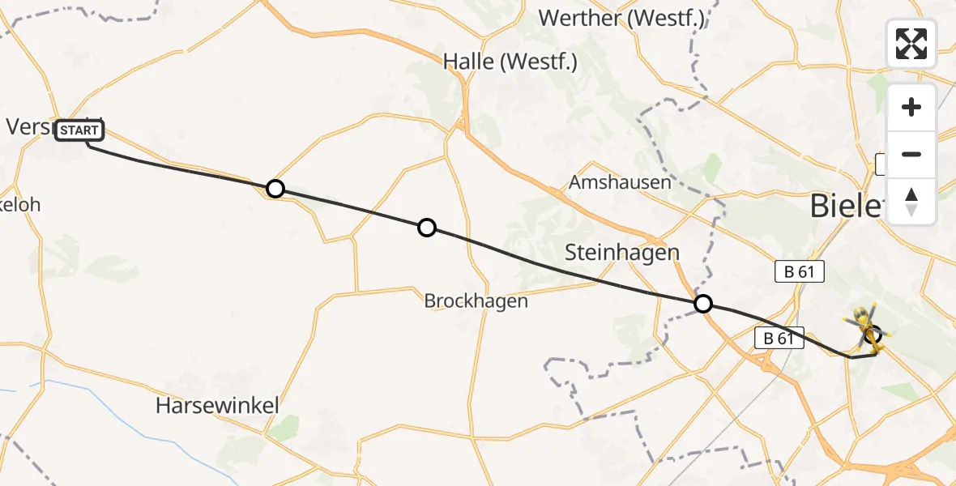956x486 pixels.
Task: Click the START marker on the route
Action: pyautogui.click(x=79, y=130)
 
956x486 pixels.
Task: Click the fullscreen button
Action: pyautogui.click(x=911, y=44)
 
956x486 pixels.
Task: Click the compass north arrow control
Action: pyautogui.click(x=911, y=202)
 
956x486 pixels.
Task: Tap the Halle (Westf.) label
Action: pyautogui.click(x=510, y=62)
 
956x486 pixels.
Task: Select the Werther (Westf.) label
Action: pyautogui.click(x=621, y=18)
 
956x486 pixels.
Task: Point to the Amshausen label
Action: pyautogui.click(x=620, y=182)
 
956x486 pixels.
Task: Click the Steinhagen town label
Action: pyautogui.click(x=621, y=253)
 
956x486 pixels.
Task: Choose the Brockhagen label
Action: pyautogui.click(x=476, y=301)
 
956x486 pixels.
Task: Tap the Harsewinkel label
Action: pyautogui.click(x=217, y=405)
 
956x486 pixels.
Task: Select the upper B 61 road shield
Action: pyautogui.click(x=799, y=272)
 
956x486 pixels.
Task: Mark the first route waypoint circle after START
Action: pyautogui.click(x=275, y=189)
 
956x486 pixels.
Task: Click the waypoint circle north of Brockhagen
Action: pyautogui.click(x=427, y=228)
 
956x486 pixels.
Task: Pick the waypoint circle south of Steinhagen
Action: pyautogui.click(x=703, y=304)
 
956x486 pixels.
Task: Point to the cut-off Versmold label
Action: pyautogui.click(x=28, y=127)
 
